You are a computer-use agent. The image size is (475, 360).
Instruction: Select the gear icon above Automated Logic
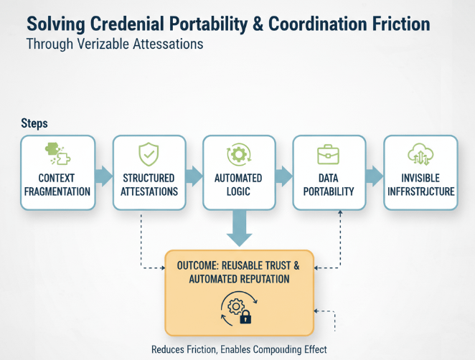tap(239, 155)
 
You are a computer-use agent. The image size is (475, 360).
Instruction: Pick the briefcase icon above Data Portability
tap(329, 154)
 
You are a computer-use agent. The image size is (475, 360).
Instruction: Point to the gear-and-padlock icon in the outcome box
tap(239, 309)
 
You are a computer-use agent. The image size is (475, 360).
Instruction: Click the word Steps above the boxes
tap(34, 123)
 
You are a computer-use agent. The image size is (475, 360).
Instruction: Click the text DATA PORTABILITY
tap(329, 184)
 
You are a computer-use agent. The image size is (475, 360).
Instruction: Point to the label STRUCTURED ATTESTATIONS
tap(149, 184)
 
